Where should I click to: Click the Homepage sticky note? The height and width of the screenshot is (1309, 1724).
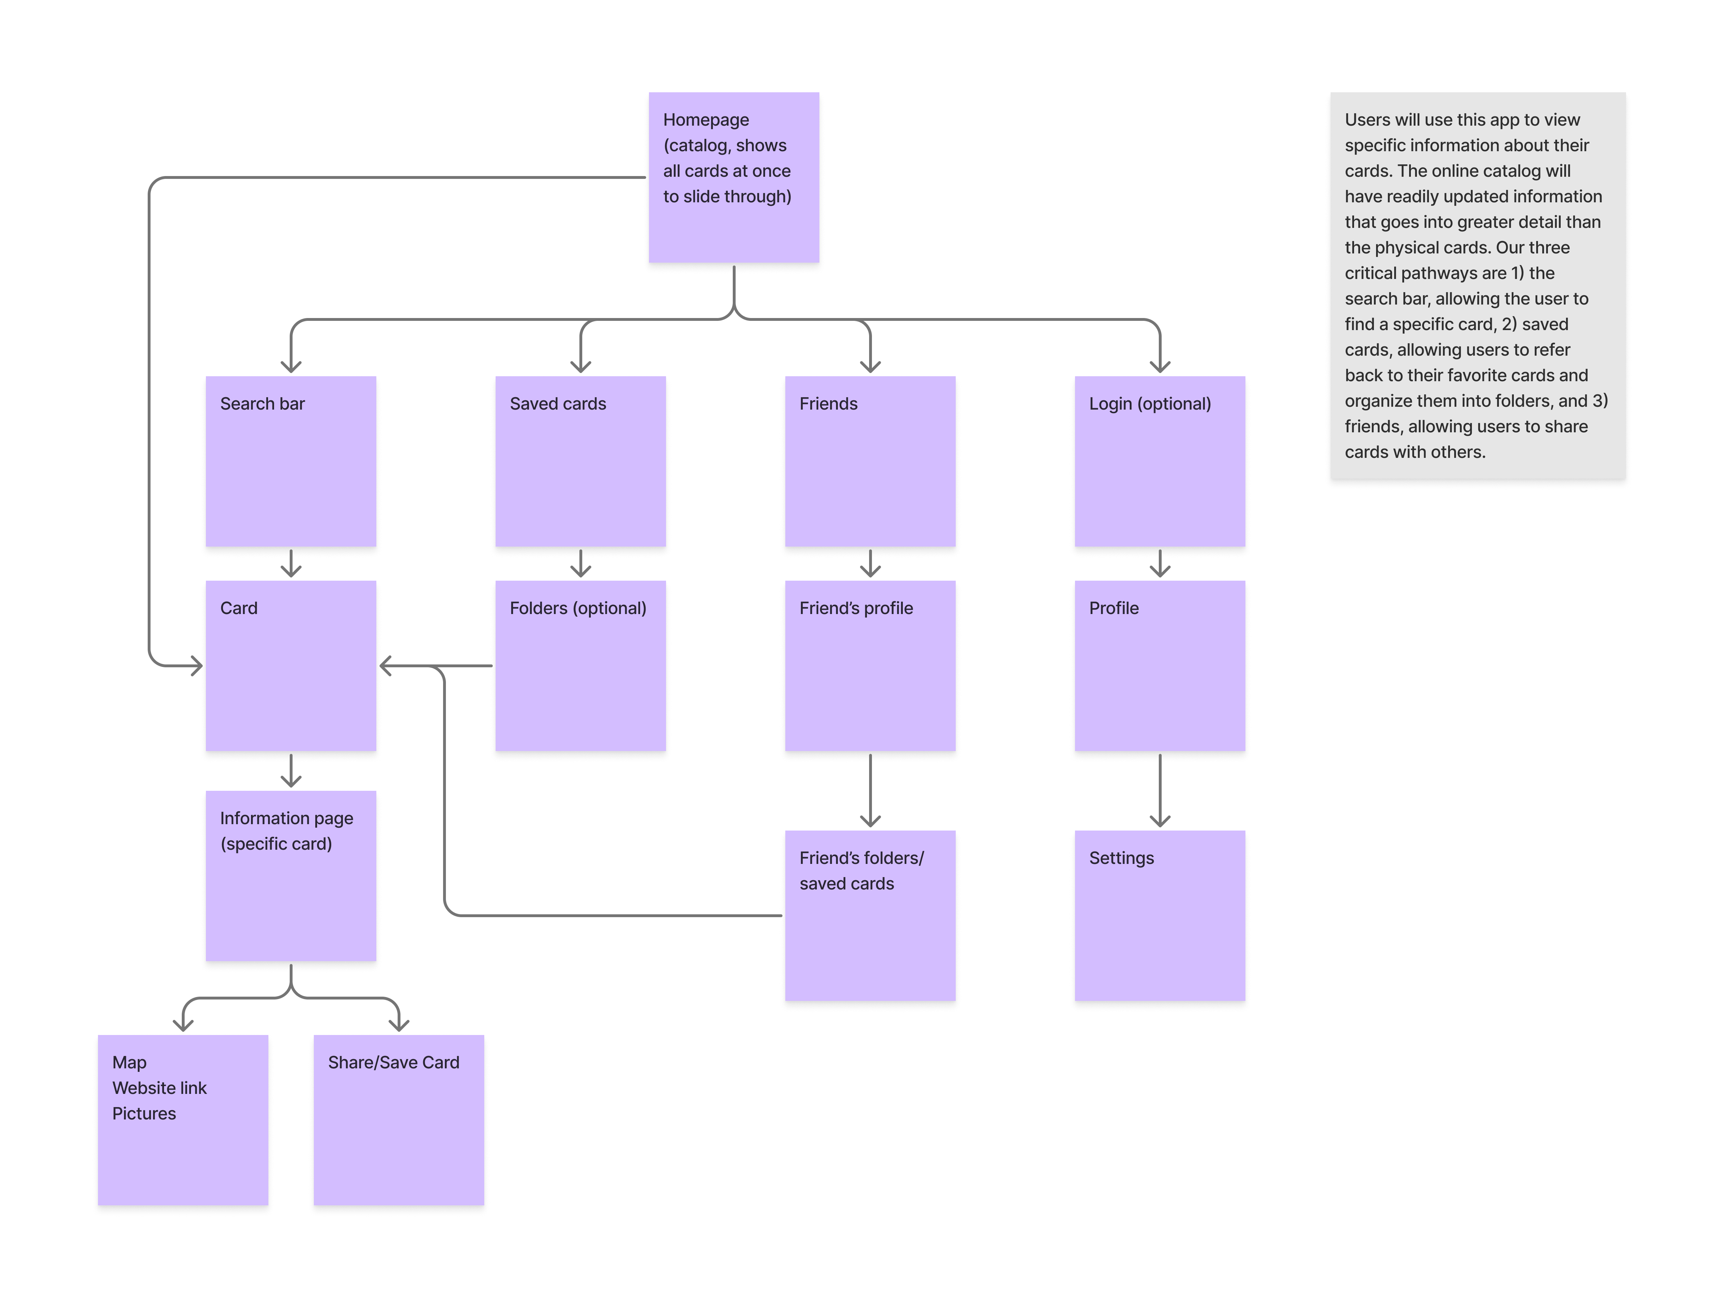733,179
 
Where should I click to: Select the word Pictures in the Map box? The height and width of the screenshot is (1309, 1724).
144,1113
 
